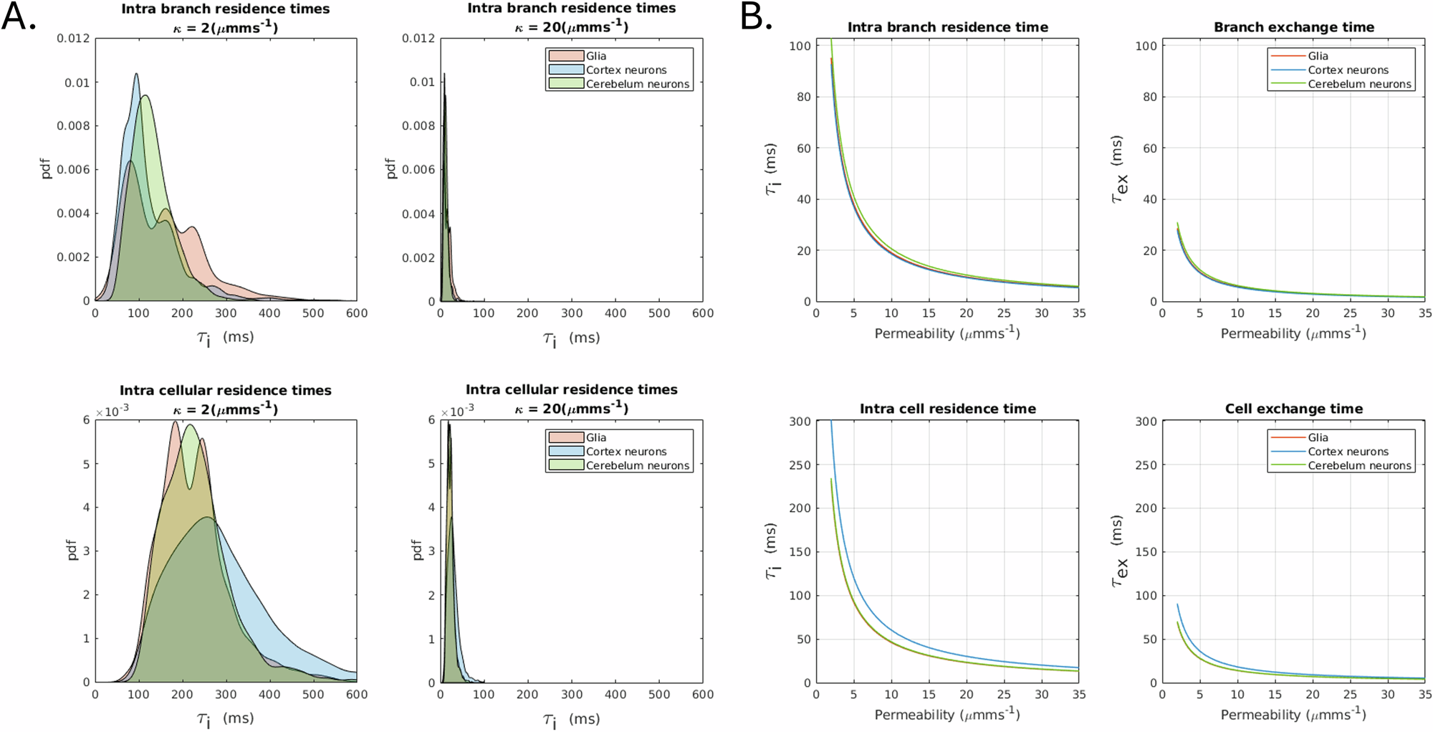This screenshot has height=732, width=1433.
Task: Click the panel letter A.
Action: tap(19, 16)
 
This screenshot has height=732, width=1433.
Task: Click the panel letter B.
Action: tap(756, 16)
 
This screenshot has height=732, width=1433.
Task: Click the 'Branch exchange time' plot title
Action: tap(1293, 27)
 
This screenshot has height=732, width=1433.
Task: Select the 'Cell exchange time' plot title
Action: tap(1293, 409)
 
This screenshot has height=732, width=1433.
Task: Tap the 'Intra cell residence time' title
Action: tap(947, 409)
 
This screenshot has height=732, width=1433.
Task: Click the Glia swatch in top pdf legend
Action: tap(566, 56)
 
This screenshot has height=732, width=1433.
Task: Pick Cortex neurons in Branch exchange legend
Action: tap(1347, 70)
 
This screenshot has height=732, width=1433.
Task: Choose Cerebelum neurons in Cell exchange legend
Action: tap(1358, 465)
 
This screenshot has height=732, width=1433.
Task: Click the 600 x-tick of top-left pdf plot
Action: tap(356, 313)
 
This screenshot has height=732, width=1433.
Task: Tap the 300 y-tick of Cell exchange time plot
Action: tap(1146, 422)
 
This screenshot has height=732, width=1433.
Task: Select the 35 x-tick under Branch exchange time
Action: tap(1424, 313)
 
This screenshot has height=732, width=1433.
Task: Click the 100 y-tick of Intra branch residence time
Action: tap(800, 46)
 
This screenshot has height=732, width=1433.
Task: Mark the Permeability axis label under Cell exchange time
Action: tap(1293, 715)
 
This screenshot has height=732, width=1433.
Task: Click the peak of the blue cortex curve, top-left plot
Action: tap(136, 74)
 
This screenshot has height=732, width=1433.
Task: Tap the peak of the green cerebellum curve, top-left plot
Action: tap(145, 95)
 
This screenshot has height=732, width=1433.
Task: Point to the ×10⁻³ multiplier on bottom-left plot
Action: tap(112, 412)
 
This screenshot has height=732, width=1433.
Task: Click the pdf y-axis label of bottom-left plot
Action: tap(71, 550)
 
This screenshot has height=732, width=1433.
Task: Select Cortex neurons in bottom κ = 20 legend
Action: tap(626, 452)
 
